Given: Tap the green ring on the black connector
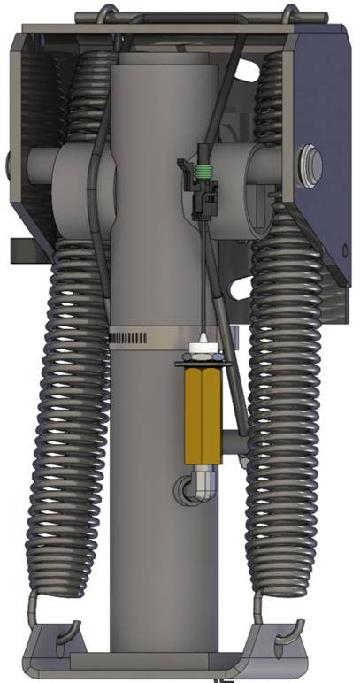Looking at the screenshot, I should point(204,172).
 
